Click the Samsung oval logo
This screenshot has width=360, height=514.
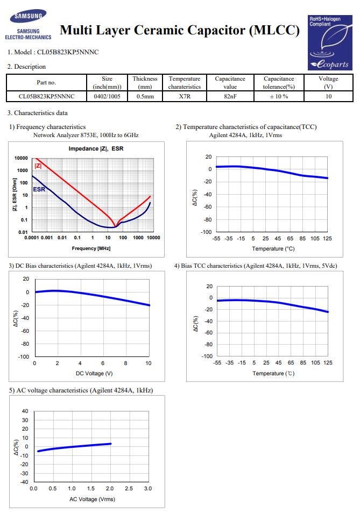(x=28, y=16)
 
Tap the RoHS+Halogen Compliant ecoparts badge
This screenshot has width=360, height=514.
(x=330, y=42)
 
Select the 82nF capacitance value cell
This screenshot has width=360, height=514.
(x=230, y=96)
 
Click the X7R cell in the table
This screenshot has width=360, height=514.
(x=185, y=96)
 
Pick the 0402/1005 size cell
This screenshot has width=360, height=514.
(x=107, y=96)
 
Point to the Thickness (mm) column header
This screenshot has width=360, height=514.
(x=145, y=83)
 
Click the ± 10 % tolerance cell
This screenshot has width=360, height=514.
(x=279, y=96)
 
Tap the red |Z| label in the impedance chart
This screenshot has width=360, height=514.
(x=38, y=166)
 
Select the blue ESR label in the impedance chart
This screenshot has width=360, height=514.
(x=39, y=189)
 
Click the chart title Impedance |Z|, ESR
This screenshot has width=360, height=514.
(x=96, y=148)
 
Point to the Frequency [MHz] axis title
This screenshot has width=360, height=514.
(x=91, y=248)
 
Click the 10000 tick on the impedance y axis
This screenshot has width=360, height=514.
(x=21, y=158)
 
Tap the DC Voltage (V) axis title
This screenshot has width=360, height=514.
(x=94, y=373)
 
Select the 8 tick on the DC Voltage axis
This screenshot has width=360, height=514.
(x=125, y=363)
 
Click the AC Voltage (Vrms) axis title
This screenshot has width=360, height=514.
(x=92, y=499)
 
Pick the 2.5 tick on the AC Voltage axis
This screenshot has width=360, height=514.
(x=129, y=488)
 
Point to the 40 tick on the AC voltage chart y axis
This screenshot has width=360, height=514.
(x=25, y=411)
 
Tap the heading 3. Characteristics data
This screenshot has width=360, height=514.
(x=38, y=113)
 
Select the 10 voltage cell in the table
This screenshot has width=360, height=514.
(x=328, y=96)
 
